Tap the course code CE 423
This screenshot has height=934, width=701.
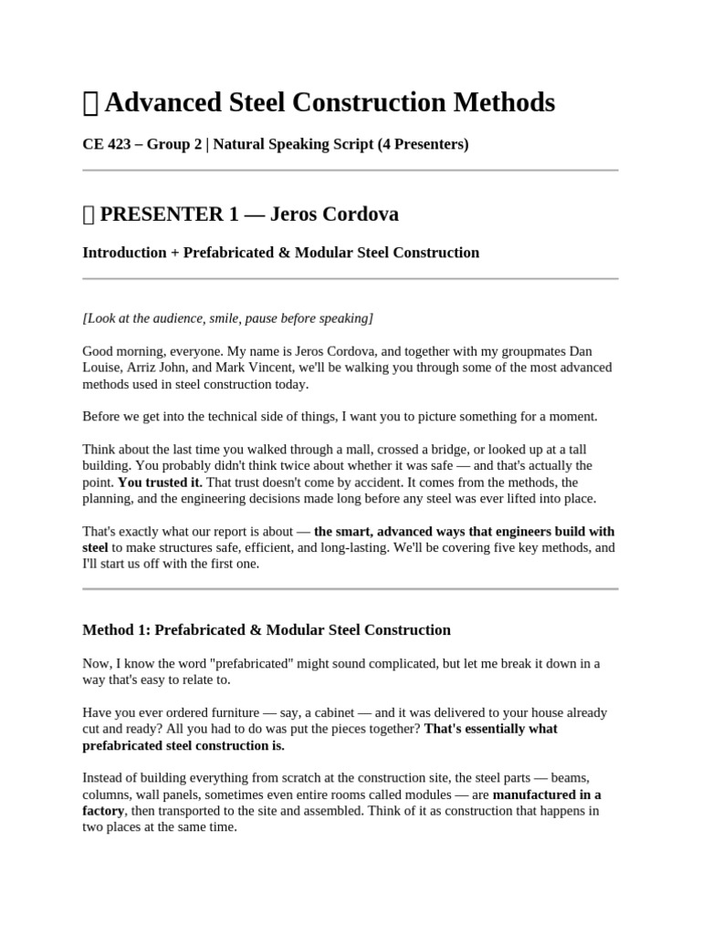point(108,145)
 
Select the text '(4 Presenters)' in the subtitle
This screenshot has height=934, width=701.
point(423,145)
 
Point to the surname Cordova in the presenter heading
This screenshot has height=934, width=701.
point(360,214)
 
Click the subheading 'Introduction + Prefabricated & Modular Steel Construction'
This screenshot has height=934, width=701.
point(280,253)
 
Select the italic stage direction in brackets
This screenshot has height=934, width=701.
point(227,318)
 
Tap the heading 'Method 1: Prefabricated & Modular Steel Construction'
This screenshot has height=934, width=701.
point(267,629)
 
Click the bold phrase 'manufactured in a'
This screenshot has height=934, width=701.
point(547,794)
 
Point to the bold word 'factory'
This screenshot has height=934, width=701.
point(103,811)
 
